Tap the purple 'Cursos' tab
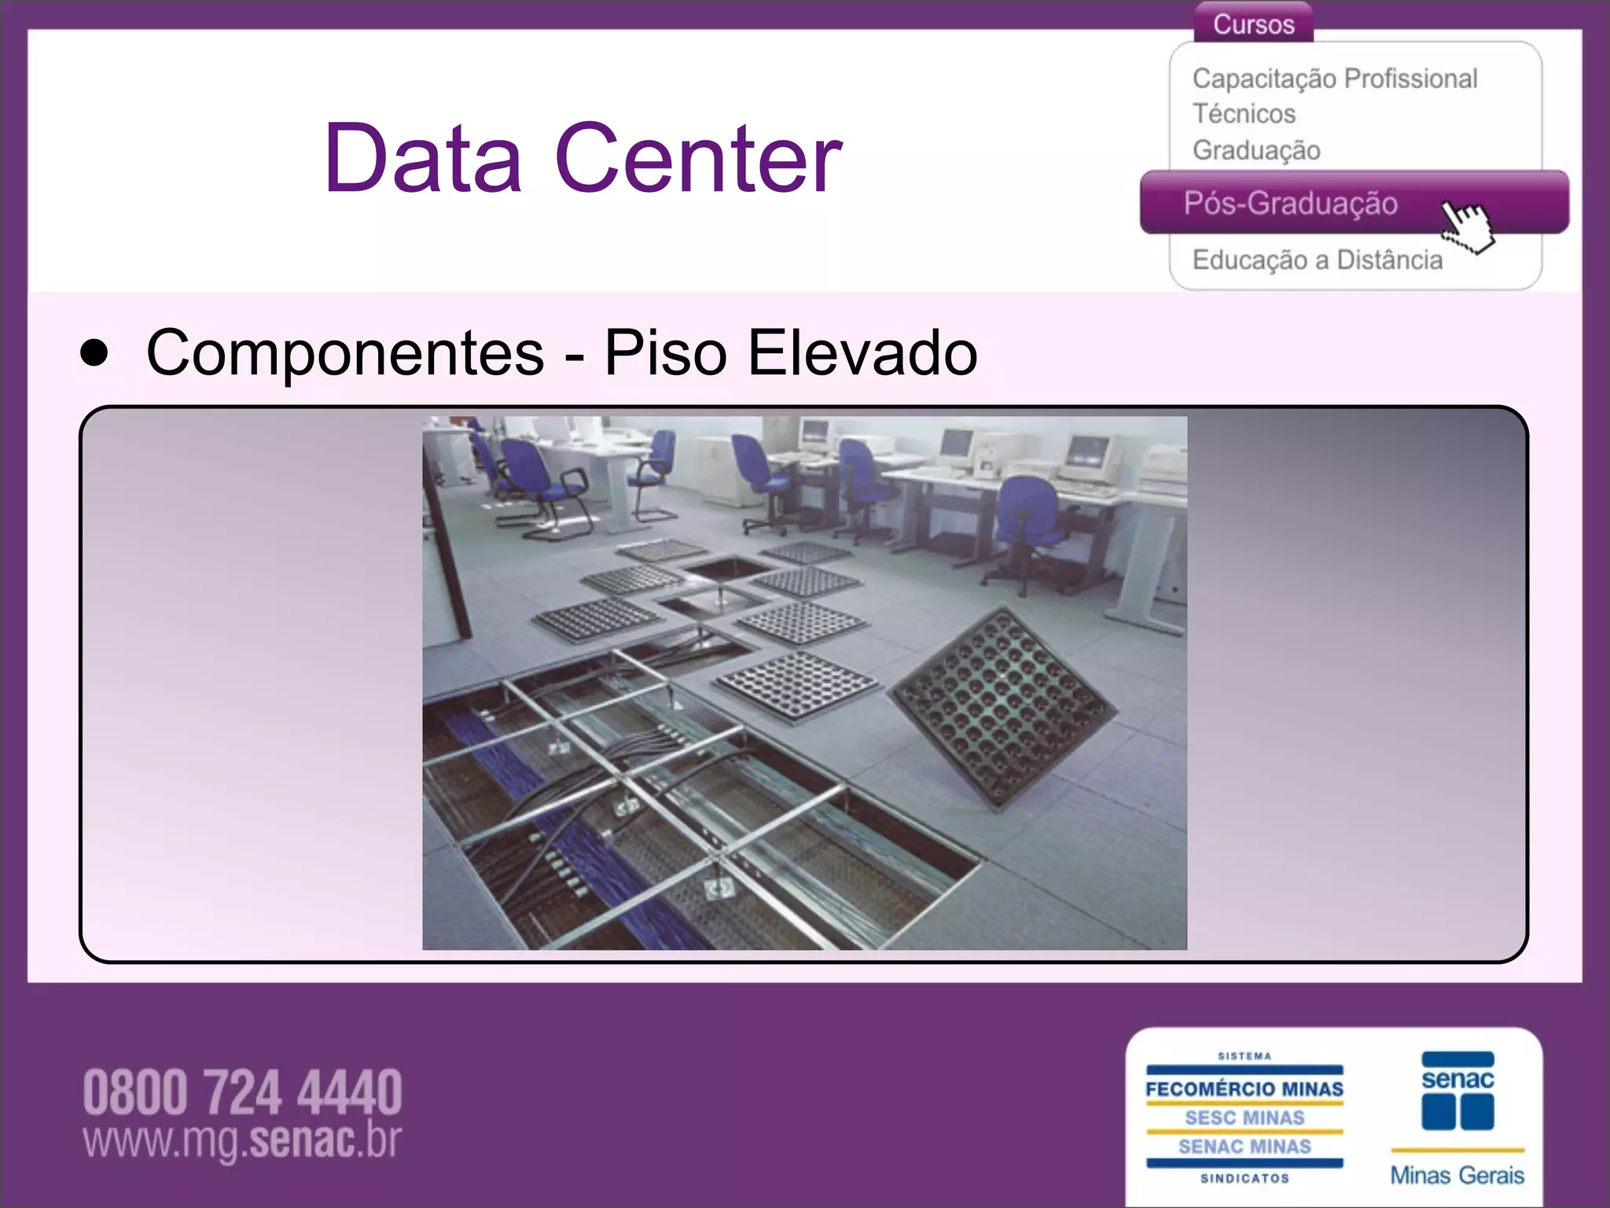click(1253, 24)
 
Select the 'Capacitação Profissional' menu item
click(1334, 79)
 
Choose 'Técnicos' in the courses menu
click(1244, 114)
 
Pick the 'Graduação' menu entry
click(1255, 150)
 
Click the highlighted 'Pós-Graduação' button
click(1290, 204)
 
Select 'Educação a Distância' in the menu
click(1317, 260)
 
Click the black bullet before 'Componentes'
click(94, 354)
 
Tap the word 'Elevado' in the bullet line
click(862, 353)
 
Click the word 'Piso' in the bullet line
click(665, 353)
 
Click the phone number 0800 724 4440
click(242, 1092)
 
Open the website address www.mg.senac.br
click(242, 1141)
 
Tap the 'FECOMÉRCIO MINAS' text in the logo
click(1244, 1089)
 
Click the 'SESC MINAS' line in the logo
click(1244, 1118)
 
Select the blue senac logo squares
click(1457, 1110)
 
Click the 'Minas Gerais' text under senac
click(1457, 1175)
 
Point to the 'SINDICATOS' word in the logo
click(1244, 1178)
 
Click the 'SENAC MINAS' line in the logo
click(1244, 1147)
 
